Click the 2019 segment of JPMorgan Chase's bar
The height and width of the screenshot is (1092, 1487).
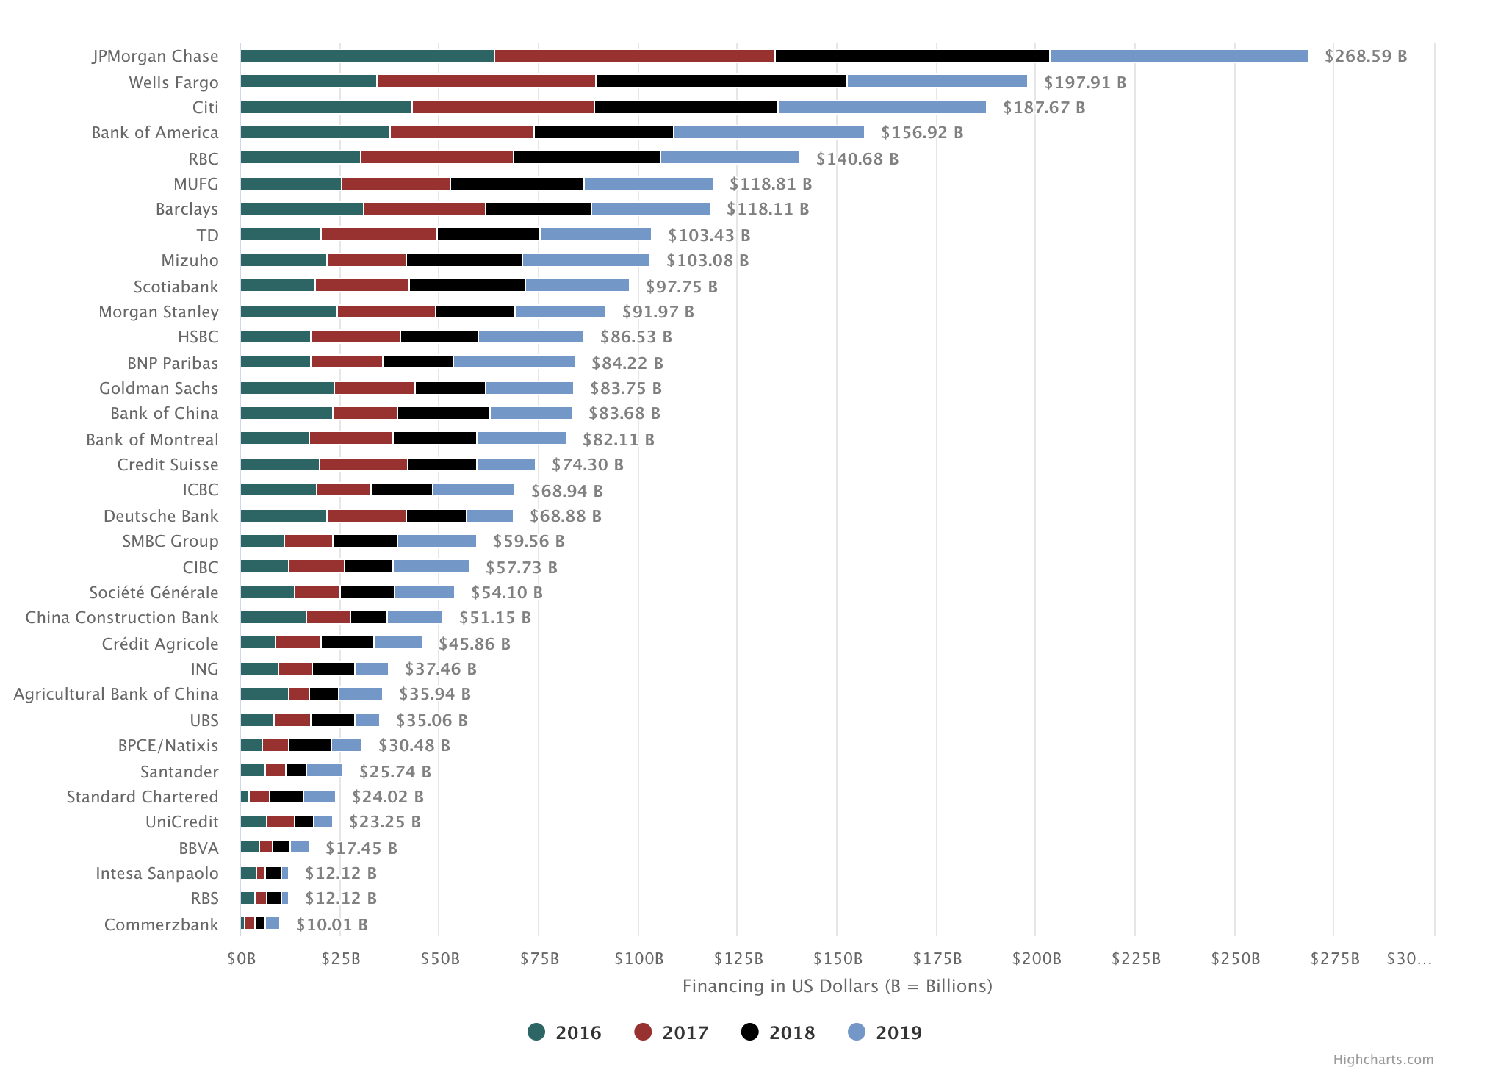[x=1178, y=56]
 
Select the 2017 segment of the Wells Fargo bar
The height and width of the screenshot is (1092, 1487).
[x=486, y=82]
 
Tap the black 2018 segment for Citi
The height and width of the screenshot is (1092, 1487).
[x=685, y=107]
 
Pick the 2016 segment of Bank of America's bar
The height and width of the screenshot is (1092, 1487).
[x=315, y=132]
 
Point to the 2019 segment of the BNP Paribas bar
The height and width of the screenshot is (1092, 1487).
[x=514, y=362]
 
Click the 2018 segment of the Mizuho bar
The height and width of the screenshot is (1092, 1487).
[x=464, y=260]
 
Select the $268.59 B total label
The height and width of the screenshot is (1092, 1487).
[x=1366, y=57]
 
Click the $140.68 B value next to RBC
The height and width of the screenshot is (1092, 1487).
[x=857, y=159]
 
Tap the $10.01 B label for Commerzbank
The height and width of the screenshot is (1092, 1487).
[x=332, y=924]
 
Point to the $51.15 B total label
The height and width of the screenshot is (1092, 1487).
[x=495, y=618]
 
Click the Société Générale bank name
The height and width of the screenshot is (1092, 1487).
[x=154, y=592]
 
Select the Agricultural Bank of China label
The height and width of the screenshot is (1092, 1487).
[x=116, y=694]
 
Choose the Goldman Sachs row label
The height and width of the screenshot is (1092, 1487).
[x=159, y=388]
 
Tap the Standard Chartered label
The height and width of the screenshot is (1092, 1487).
[x=143, y=797]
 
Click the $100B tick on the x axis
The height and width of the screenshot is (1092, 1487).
[x=638, y=958]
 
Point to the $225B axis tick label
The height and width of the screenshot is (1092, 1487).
[x=1135, y=958]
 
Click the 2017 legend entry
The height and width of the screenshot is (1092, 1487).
[x=672, y=1032]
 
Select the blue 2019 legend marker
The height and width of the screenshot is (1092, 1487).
[x=857, y=1032]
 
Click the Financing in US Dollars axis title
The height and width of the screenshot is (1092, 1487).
[x=837, y=986]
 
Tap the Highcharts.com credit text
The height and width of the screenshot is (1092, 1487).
[x=1383, y=1060]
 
